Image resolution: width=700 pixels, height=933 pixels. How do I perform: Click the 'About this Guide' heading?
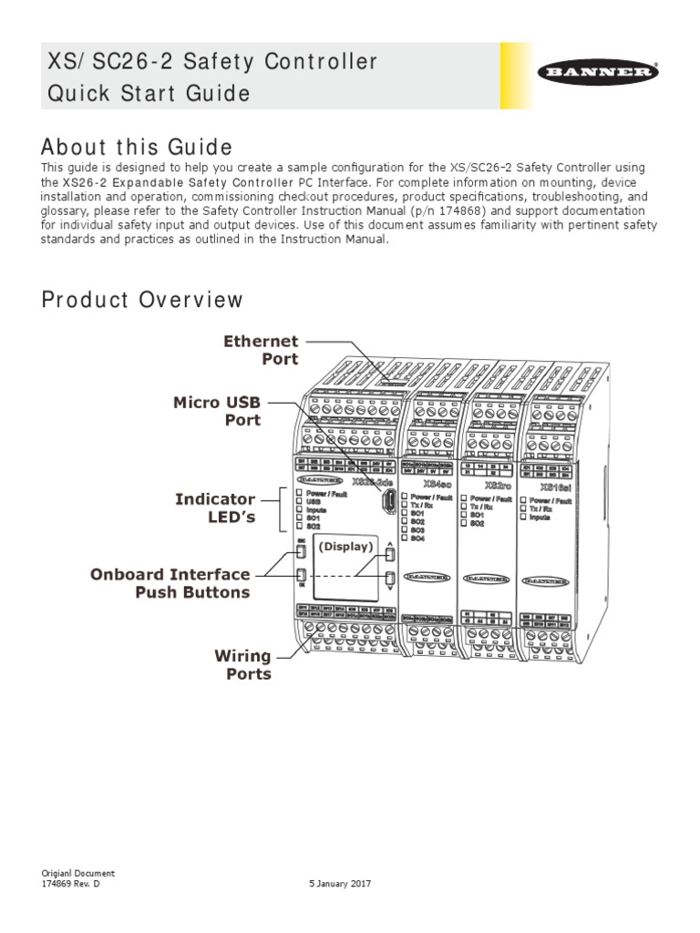pos(138,147)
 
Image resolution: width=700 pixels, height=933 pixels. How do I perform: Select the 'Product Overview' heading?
pos(143,300)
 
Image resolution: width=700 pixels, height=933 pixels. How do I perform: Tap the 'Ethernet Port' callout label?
pos(261,350)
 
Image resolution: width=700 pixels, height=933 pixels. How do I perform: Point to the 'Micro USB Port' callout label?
pos(218,411)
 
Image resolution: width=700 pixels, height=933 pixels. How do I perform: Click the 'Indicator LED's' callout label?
pos(218,508)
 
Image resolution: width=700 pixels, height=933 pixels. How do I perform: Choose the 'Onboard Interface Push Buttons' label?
pos(170,583)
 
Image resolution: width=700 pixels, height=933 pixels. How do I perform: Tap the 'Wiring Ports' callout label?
pos(242,665)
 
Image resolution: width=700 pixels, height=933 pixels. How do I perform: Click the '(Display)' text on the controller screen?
pos(346,547)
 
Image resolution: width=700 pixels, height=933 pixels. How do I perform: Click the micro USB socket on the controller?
pos(389,501)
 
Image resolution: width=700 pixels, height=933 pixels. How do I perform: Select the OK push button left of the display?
pos(301,576)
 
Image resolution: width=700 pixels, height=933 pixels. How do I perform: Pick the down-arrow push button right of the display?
pos(390,578)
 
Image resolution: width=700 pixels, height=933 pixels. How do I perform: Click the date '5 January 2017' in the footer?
pos(341,884)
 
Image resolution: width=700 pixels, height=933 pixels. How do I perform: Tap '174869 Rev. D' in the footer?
pos(71,884)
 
